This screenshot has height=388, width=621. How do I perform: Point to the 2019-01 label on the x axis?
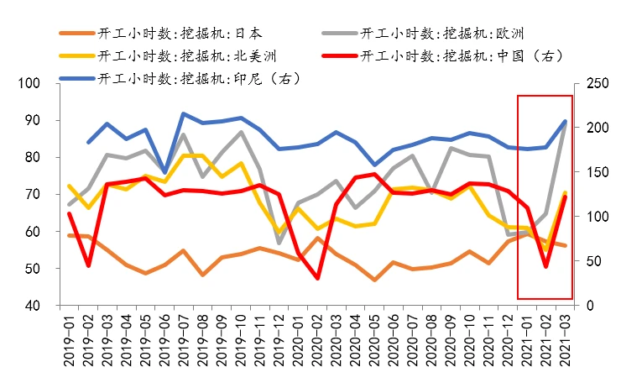69,340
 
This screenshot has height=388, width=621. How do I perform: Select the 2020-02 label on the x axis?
317,340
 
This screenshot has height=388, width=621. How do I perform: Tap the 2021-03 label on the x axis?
565,340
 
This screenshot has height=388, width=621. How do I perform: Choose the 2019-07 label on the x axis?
183,340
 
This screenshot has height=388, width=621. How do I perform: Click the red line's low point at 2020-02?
317,278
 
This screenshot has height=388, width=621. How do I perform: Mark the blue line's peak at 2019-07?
183,113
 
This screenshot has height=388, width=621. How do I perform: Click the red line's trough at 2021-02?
545,266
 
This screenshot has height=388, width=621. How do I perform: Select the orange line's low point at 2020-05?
374,280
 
